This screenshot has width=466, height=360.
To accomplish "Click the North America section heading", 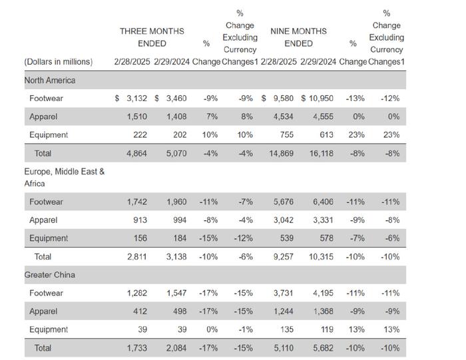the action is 50,81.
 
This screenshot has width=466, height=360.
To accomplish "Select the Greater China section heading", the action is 50,275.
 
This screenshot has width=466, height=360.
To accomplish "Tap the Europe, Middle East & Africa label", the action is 65,178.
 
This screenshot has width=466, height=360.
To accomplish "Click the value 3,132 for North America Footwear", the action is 136,98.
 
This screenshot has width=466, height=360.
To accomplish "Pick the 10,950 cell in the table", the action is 321,98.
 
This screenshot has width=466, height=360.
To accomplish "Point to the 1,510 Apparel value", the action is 137,116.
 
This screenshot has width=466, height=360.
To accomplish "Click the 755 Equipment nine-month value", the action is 287,135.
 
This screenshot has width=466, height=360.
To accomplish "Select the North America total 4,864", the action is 136,153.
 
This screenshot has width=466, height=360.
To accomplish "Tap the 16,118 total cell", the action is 322,153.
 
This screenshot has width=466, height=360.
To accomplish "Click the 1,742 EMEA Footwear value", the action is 137,202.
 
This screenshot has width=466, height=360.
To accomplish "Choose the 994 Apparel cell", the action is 180,220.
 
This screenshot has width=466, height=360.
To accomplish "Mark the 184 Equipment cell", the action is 180,238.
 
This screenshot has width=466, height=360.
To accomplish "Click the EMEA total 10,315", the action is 322,257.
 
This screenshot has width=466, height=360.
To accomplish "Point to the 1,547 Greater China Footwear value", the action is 176,293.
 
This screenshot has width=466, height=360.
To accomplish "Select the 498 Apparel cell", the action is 180,311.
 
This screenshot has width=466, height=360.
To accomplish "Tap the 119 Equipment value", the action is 327,329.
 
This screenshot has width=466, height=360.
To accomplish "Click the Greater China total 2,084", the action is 176,348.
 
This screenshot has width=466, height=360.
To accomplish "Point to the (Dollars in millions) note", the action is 59,62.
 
